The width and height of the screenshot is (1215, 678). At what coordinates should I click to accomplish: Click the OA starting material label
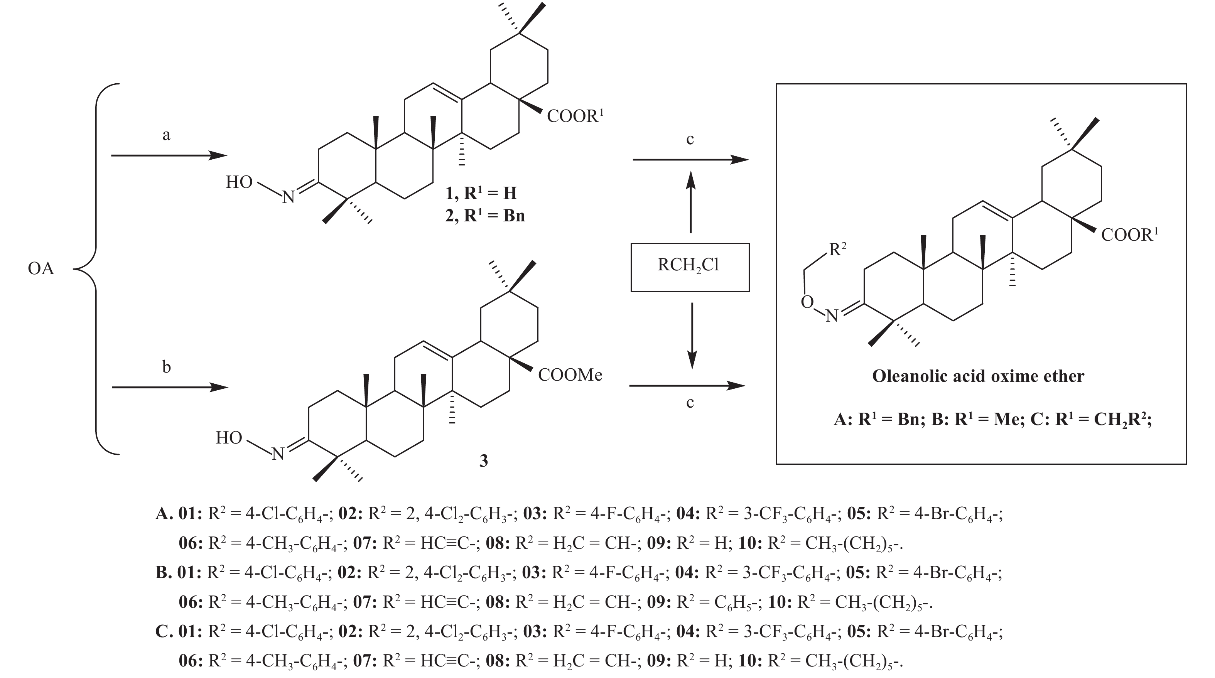(41, 269)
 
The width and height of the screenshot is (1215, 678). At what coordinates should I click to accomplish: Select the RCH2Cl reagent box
(690, 267)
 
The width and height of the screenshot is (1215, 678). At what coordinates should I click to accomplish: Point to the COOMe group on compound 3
(570, 375)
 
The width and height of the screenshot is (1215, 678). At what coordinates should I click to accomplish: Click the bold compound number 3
(483, 460)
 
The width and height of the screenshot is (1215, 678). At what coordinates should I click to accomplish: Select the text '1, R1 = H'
(481, 193)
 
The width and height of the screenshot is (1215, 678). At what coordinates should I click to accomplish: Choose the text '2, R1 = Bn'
(485, 216)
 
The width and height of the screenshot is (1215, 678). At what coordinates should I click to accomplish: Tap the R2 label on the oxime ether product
(837, 249)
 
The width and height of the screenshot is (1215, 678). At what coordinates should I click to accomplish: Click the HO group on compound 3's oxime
(229, 438)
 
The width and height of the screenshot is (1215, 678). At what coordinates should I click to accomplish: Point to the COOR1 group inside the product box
(1129, 235)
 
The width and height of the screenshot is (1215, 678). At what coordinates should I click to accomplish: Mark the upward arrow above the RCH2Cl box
(690, 201)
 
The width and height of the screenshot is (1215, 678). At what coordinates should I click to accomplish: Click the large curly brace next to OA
(97, 269)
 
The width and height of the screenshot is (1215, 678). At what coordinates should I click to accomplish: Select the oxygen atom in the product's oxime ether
(807, 302)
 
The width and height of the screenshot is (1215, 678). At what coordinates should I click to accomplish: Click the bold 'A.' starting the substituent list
(163, 513)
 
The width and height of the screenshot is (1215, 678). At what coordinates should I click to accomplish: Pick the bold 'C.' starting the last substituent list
(163, 632)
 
